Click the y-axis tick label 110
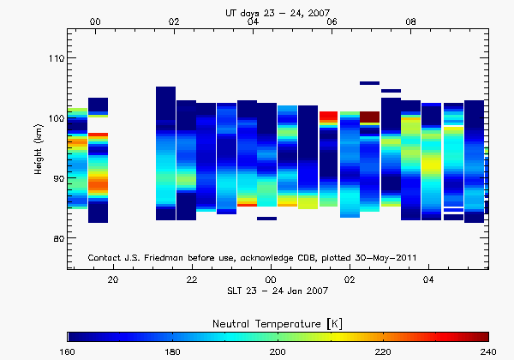(54, 58)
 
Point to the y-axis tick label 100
(54, 118)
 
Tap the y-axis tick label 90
(56, 178)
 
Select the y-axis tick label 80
(56, 238)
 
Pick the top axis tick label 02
(174, 21)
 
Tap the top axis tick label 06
(332, 21)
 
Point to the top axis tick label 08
(411, 21)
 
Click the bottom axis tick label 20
(113, 279)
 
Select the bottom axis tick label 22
(192, 279)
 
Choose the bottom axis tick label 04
(428, 279)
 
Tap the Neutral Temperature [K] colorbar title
(278, 321)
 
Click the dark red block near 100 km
(369, 117)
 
